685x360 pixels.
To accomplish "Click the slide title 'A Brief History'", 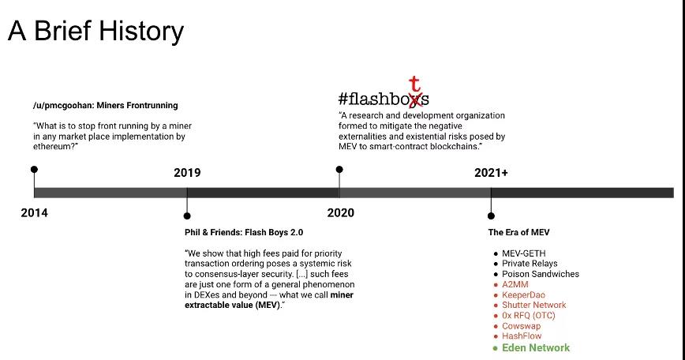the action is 95,32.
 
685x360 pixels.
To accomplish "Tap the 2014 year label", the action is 34,213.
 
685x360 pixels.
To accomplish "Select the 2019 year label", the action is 187,173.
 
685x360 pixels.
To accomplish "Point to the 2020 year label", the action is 341,213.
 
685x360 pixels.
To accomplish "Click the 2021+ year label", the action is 491,173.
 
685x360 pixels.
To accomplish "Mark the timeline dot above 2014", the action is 34,170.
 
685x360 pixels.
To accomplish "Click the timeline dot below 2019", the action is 187,216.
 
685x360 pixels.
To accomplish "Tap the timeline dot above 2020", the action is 339,170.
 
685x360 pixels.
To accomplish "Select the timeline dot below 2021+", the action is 491,216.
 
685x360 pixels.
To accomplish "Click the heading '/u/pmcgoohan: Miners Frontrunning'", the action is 105,105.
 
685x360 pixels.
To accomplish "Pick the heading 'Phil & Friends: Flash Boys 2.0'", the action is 244,232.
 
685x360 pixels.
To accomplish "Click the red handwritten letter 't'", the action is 414,84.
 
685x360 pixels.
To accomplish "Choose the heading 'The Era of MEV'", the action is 519,232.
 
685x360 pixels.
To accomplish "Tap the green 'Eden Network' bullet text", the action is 536,348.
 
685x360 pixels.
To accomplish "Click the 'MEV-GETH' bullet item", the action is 524,253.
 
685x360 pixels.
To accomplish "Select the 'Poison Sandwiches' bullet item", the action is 541,274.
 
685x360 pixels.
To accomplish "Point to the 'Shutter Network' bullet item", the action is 533,305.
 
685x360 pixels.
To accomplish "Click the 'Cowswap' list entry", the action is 521,326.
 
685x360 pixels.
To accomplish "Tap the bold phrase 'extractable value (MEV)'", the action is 232,305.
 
